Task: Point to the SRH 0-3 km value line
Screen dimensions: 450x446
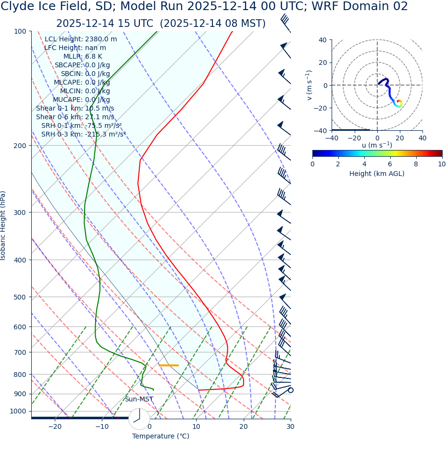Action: coord(83,134)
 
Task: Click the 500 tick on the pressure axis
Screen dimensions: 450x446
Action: coord(20,297)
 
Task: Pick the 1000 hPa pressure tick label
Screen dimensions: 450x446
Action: coord(18,411)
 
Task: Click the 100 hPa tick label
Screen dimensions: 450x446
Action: coord(20,31)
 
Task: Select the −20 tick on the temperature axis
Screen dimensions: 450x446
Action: coord(55,426)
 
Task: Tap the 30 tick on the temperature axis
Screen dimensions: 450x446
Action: coord(290,426)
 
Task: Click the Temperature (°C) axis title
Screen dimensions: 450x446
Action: coord(161,436)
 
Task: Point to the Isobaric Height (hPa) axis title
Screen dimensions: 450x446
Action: coord(3,225)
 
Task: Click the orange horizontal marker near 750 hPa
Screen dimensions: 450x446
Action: coord(168,365)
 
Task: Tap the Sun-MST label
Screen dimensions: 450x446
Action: coord(139,399)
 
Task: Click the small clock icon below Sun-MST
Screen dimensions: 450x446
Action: coord(139,419)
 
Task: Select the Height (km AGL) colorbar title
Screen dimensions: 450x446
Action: coord(377,174)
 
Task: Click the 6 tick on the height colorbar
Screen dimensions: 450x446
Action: coord(390,164)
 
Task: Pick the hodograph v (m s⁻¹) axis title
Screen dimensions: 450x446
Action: coord(310,85)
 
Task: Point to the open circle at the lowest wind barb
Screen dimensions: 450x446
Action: coord(290,390)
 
